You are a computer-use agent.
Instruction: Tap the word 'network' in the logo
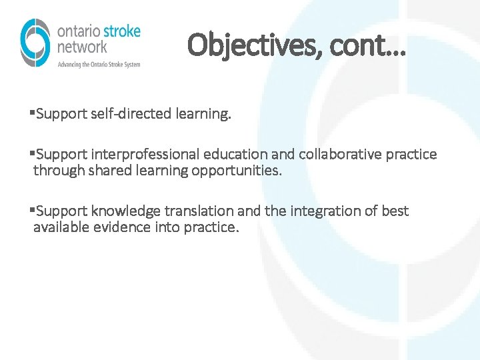coord(81,47)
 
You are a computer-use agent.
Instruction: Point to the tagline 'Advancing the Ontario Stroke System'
coord(99,64)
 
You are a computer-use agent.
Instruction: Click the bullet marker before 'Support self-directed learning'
coord(33,114)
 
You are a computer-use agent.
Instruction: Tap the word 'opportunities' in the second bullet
coord(237,171)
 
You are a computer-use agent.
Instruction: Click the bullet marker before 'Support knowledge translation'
coord(33,211)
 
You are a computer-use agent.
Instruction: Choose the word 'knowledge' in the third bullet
coord(126,211)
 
